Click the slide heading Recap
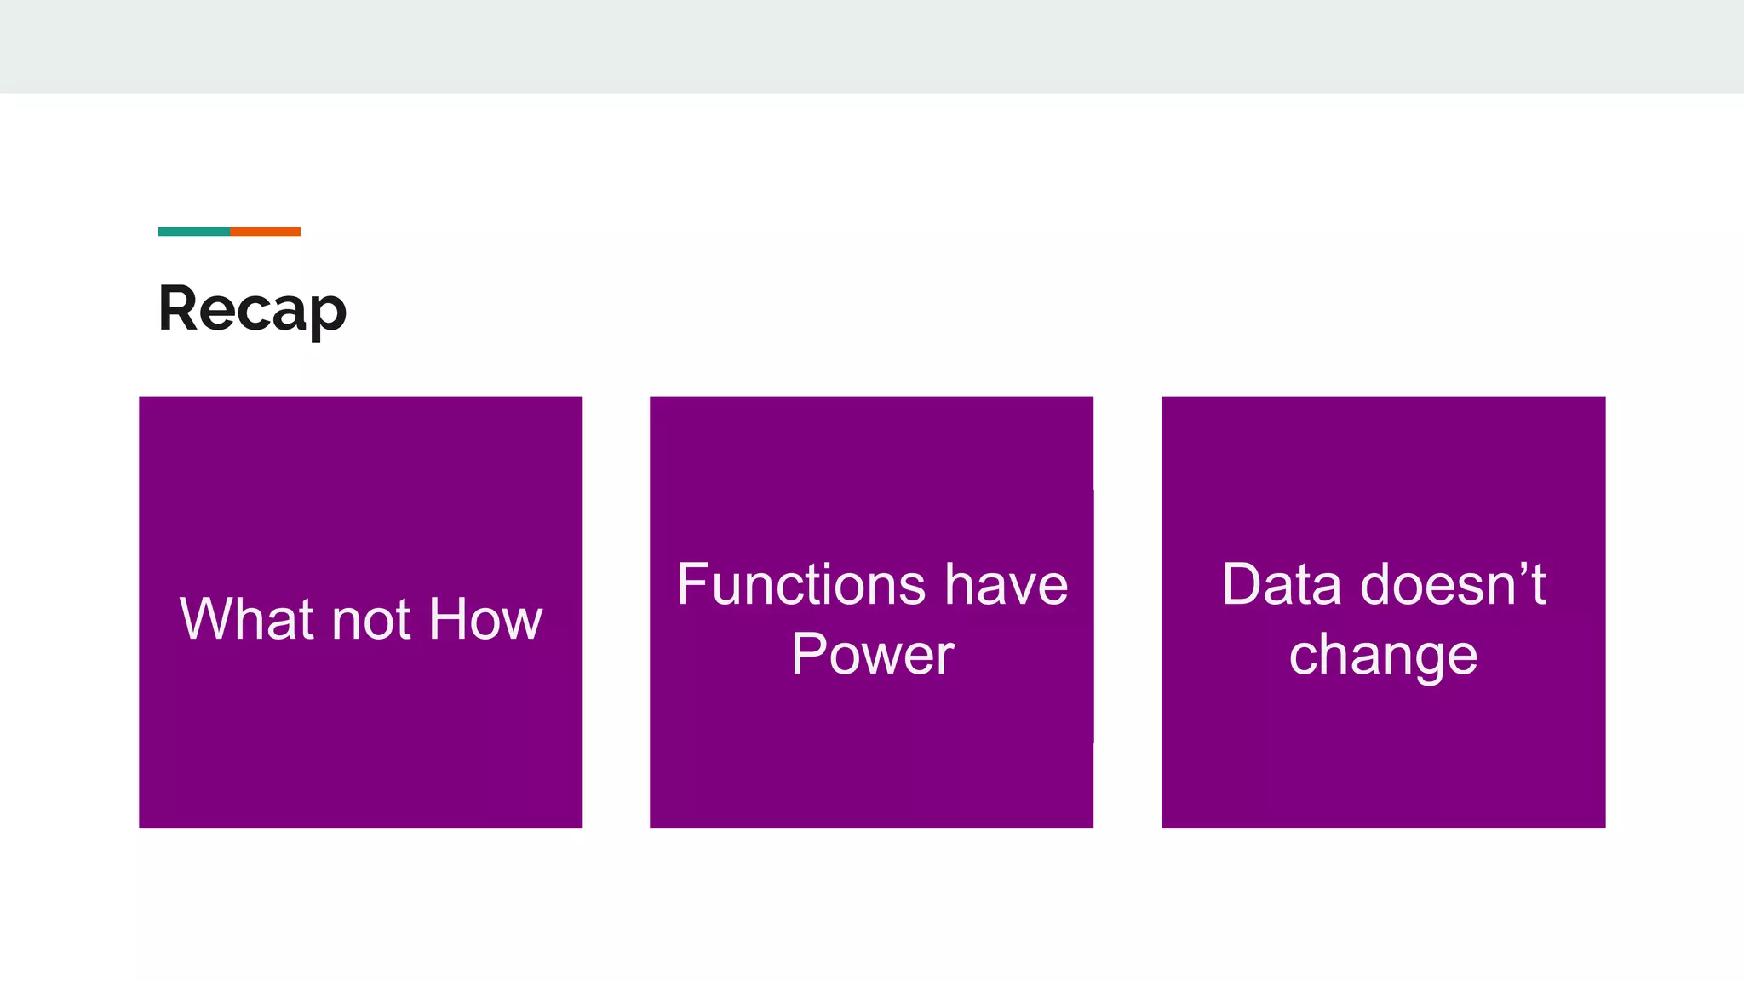252,308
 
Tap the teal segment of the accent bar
193,232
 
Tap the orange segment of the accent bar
265,232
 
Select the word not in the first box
371,620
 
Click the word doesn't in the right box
1453,585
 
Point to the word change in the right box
1383,656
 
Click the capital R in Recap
180,308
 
